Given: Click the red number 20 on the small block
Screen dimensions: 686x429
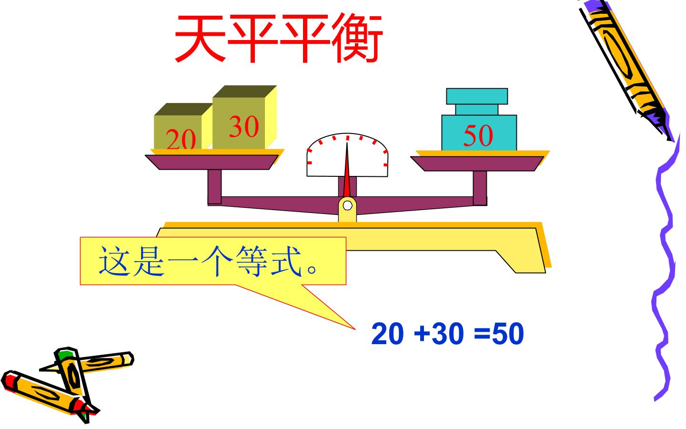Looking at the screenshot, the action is (181, 139).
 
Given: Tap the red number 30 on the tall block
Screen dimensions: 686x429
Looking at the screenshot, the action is (244, 126).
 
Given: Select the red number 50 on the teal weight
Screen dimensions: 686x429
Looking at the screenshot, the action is (478, 135).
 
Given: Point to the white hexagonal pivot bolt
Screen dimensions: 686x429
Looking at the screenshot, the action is (347, 205).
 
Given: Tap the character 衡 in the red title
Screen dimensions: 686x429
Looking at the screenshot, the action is (357, 38).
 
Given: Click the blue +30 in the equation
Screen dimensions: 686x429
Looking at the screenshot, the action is (438, 333).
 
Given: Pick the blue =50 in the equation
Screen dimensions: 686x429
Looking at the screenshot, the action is (499, 333).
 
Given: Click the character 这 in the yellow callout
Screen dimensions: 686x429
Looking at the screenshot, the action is (113, 261).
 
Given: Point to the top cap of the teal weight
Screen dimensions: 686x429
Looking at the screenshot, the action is (477, 96).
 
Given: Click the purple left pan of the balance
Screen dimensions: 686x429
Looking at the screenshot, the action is (212, 162).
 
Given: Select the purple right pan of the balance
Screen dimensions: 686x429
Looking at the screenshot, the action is (477, 163).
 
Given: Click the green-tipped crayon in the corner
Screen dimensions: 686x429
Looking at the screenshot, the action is (71, 379).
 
